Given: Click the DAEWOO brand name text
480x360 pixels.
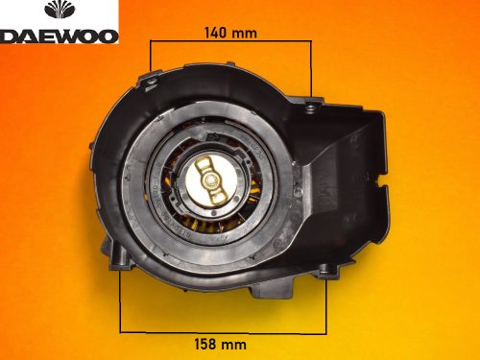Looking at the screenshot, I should [60, 36].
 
